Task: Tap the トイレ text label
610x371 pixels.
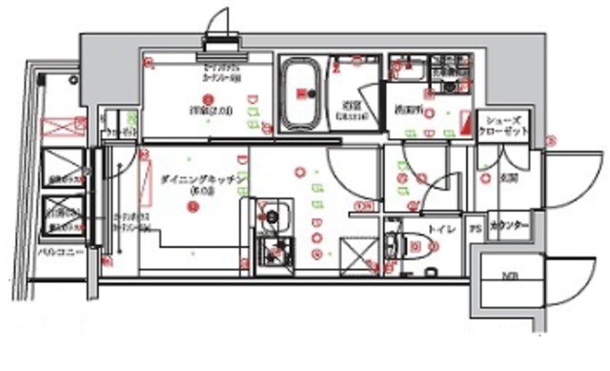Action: [438, 229]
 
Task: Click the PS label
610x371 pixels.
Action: [474, 230]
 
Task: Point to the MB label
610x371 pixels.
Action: [504, 277]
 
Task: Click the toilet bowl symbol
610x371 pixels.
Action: [401, 244]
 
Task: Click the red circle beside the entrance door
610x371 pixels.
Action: [550, 141]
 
